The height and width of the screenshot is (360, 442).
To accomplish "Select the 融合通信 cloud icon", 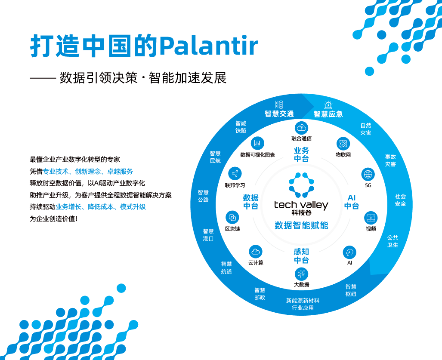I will click(x=301, y=128).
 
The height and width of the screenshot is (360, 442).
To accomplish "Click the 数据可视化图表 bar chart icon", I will click(x=257, y=143).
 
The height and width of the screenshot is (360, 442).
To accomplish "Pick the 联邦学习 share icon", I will click(x=235, y=174).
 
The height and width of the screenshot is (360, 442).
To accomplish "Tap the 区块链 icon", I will click(x=232, y=217).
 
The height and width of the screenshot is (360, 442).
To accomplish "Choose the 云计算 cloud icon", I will click(x=256, y=252).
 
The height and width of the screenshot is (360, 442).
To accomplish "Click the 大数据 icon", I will click(x=301, y=274).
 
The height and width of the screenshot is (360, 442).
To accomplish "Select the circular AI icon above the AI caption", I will click(x=349, y=252).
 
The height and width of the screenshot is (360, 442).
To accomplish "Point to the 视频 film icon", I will click(x=371, y=218).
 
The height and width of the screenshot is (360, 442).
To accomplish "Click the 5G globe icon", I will click(x=368, y=174).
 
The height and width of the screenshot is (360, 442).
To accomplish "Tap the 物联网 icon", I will click(x=343, y=143).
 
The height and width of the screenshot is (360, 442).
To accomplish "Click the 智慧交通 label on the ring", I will click(x=279, y=114).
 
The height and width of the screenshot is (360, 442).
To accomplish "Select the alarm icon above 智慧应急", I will click(x=328, y=105).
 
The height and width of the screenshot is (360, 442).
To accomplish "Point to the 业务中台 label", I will click(x=301, y=155).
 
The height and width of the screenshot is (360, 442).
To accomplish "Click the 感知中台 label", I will click(x=301, y=256).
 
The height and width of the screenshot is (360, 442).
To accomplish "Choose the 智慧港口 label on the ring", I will click(x=208, y=235).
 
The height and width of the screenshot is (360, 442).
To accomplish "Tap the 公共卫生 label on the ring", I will click(x=393, y=241).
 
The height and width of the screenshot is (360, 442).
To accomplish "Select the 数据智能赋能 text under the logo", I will click(x=301, y=225).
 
